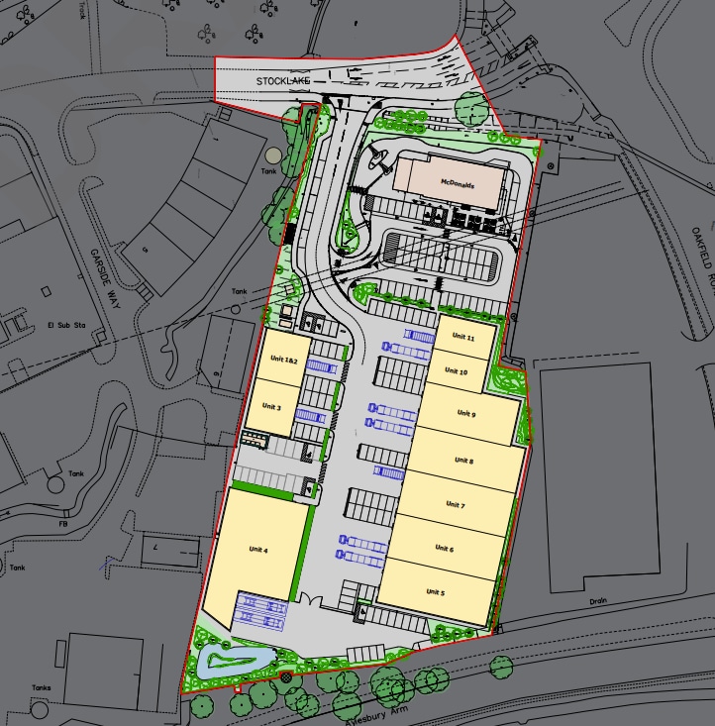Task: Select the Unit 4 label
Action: click(259, 550)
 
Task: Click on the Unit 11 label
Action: click(463, 338)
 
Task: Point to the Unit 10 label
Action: click(457, 371)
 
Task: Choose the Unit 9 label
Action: click(467, 413)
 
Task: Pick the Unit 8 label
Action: click(463, 461)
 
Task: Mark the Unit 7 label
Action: click(456, 505)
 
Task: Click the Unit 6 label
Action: click(445, 548)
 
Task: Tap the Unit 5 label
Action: click(436, 591)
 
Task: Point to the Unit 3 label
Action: click(272, 406)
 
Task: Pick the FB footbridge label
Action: click(63, 523)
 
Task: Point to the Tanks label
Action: click(41, 687)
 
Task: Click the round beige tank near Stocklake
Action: click(272, 155)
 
